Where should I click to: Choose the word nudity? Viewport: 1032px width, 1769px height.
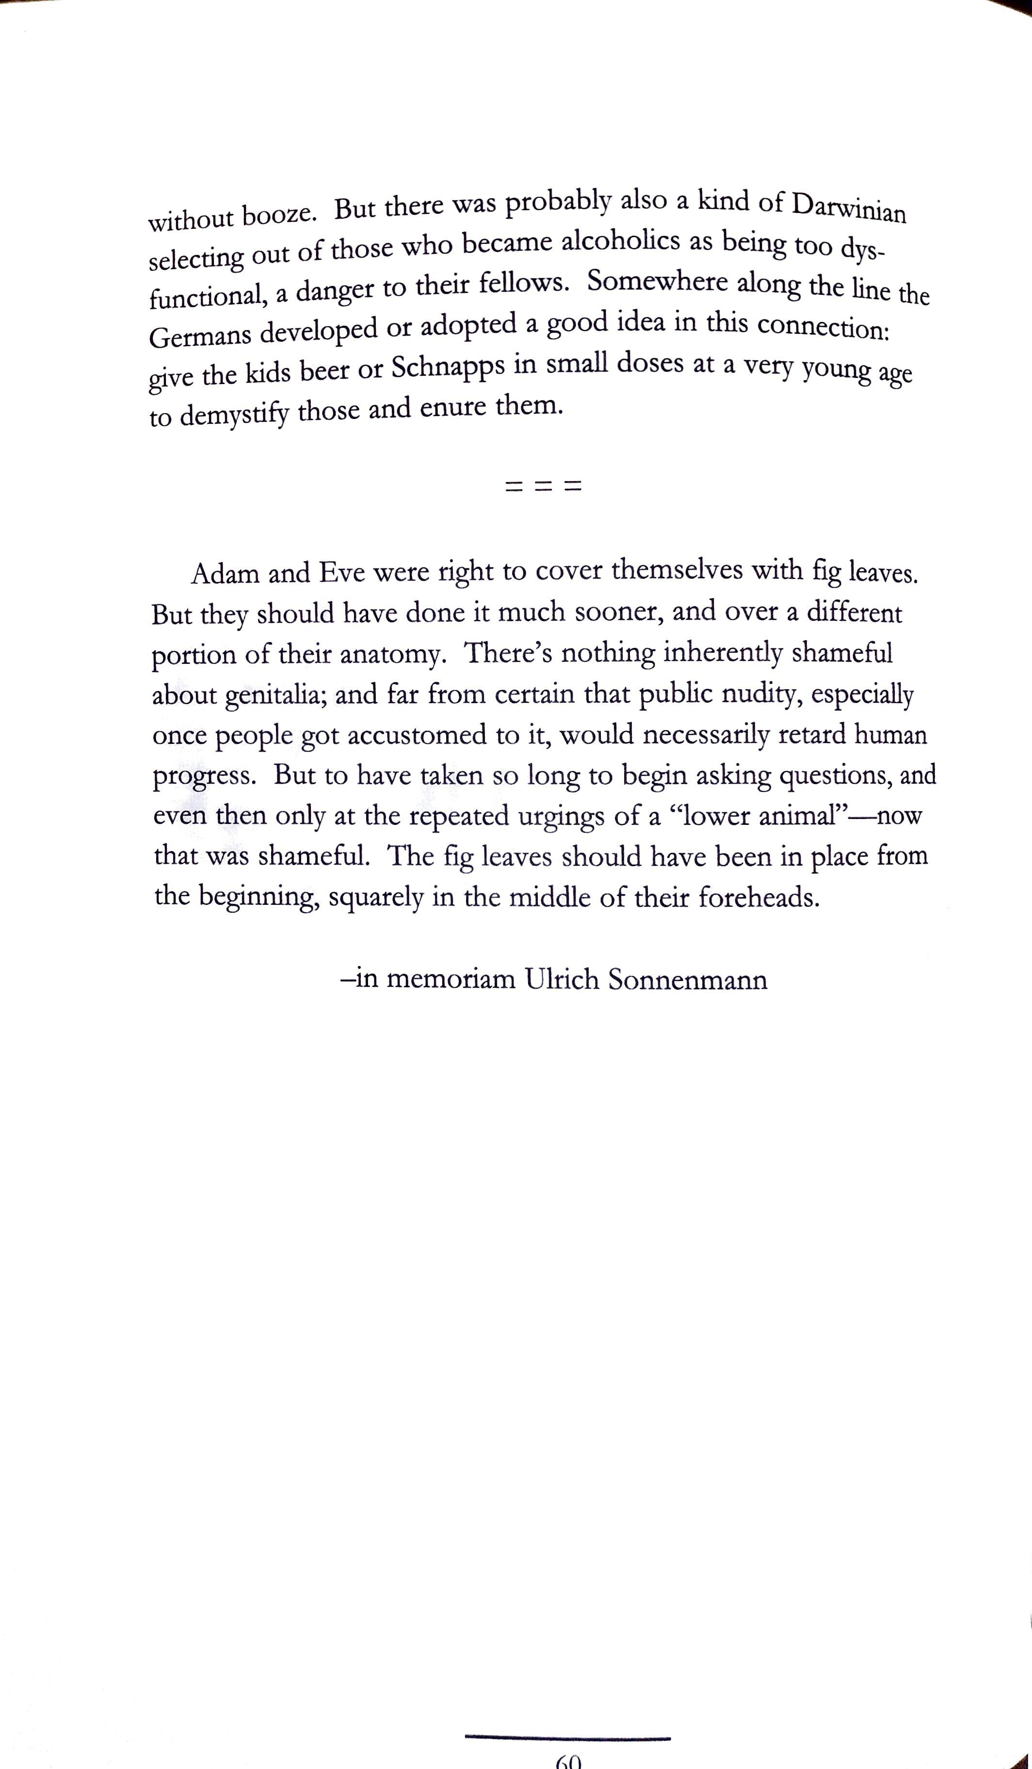pyautogui.click(x=751, y=694)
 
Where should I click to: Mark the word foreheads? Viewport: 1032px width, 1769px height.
pyautogui.click(x=759, y=898)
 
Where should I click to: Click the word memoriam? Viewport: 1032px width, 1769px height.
pyautogui.click(x=451, y=979)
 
